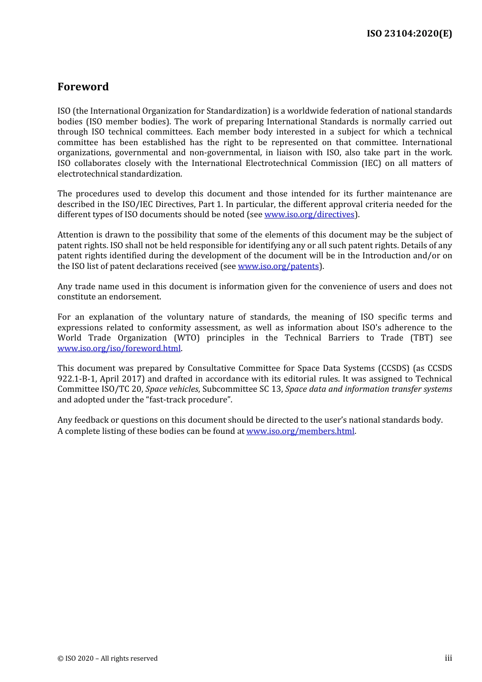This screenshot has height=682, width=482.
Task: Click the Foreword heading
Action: click(x=83, y=87)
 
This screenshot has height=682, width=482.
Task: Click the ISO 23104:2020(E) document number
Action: click(x=409, y=33)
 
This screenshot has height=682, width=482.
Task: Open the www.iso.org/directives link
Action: click(x=309, y=215)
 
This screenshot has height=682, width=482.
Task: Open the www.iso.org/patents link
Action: click(x=278, y=266)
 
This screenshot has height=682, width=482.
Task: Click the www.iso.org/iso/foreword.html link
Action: click(x=119, y=349)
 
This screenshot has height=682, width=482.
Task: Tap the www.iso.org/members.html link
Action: click(x=300, y=431)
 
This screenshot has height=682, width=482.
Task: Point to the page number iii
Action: click(x=448, y=658)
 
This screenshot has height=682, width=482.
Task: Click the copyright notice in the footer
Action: click(x=108, y=659)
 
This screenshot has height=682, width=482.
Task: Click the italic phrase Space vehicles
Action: click(x=171, y=389)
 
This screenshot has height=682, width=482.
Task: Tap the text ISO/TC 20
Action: click(x=123, y=389)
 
